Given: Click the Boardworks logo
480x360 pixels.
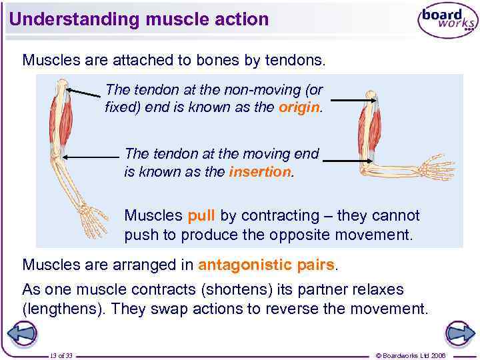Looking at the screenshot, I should (x=447, y=21).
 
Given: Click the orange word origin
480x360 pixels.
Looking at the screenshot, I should (x=299, y=107).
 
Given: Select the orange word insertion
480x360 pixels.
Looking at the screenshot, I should (x=260, y=172).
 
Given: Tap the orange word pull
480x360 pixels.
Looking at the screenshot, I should (x=201, y=216).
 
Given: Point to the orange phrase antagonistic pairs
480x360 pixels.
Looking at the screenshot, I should (x=266, y=265).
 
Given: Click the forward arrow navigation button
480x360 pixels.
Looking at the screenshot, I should (x=459, y=333).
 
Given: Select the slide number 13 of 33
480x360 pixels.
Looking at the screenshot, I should (x=61, y=355).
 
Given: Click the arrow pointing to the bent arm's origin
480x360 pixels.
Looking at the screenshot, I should (x=354, y=101).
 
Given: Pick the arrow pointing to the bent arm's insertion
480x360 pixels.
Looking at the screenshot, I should (x=347, y=161).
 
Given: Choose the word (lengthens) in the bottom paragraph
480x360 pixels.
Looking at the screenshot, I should (x=65, y=309).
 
